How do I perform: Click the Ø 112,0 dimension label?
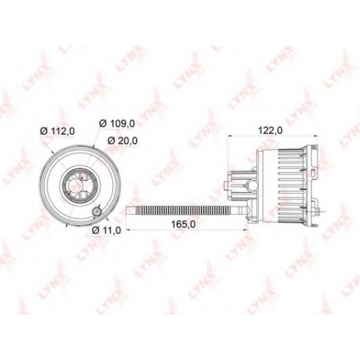[58, 131]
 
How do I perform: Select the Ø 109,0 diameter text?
[117, 124]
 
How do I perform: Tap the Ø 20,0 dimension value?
[122, 140]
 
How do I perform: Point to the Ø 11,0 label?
[107, 230]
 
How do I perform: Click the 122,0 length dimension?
[270, 131]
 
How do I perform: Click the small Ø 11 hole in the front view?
[97, 212]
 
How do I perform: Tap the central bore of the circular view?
[76, 186]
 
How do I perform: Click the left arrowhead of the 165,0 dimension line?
[128, 230]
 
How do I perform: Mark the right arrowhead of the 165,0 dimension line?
[245, 230]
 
